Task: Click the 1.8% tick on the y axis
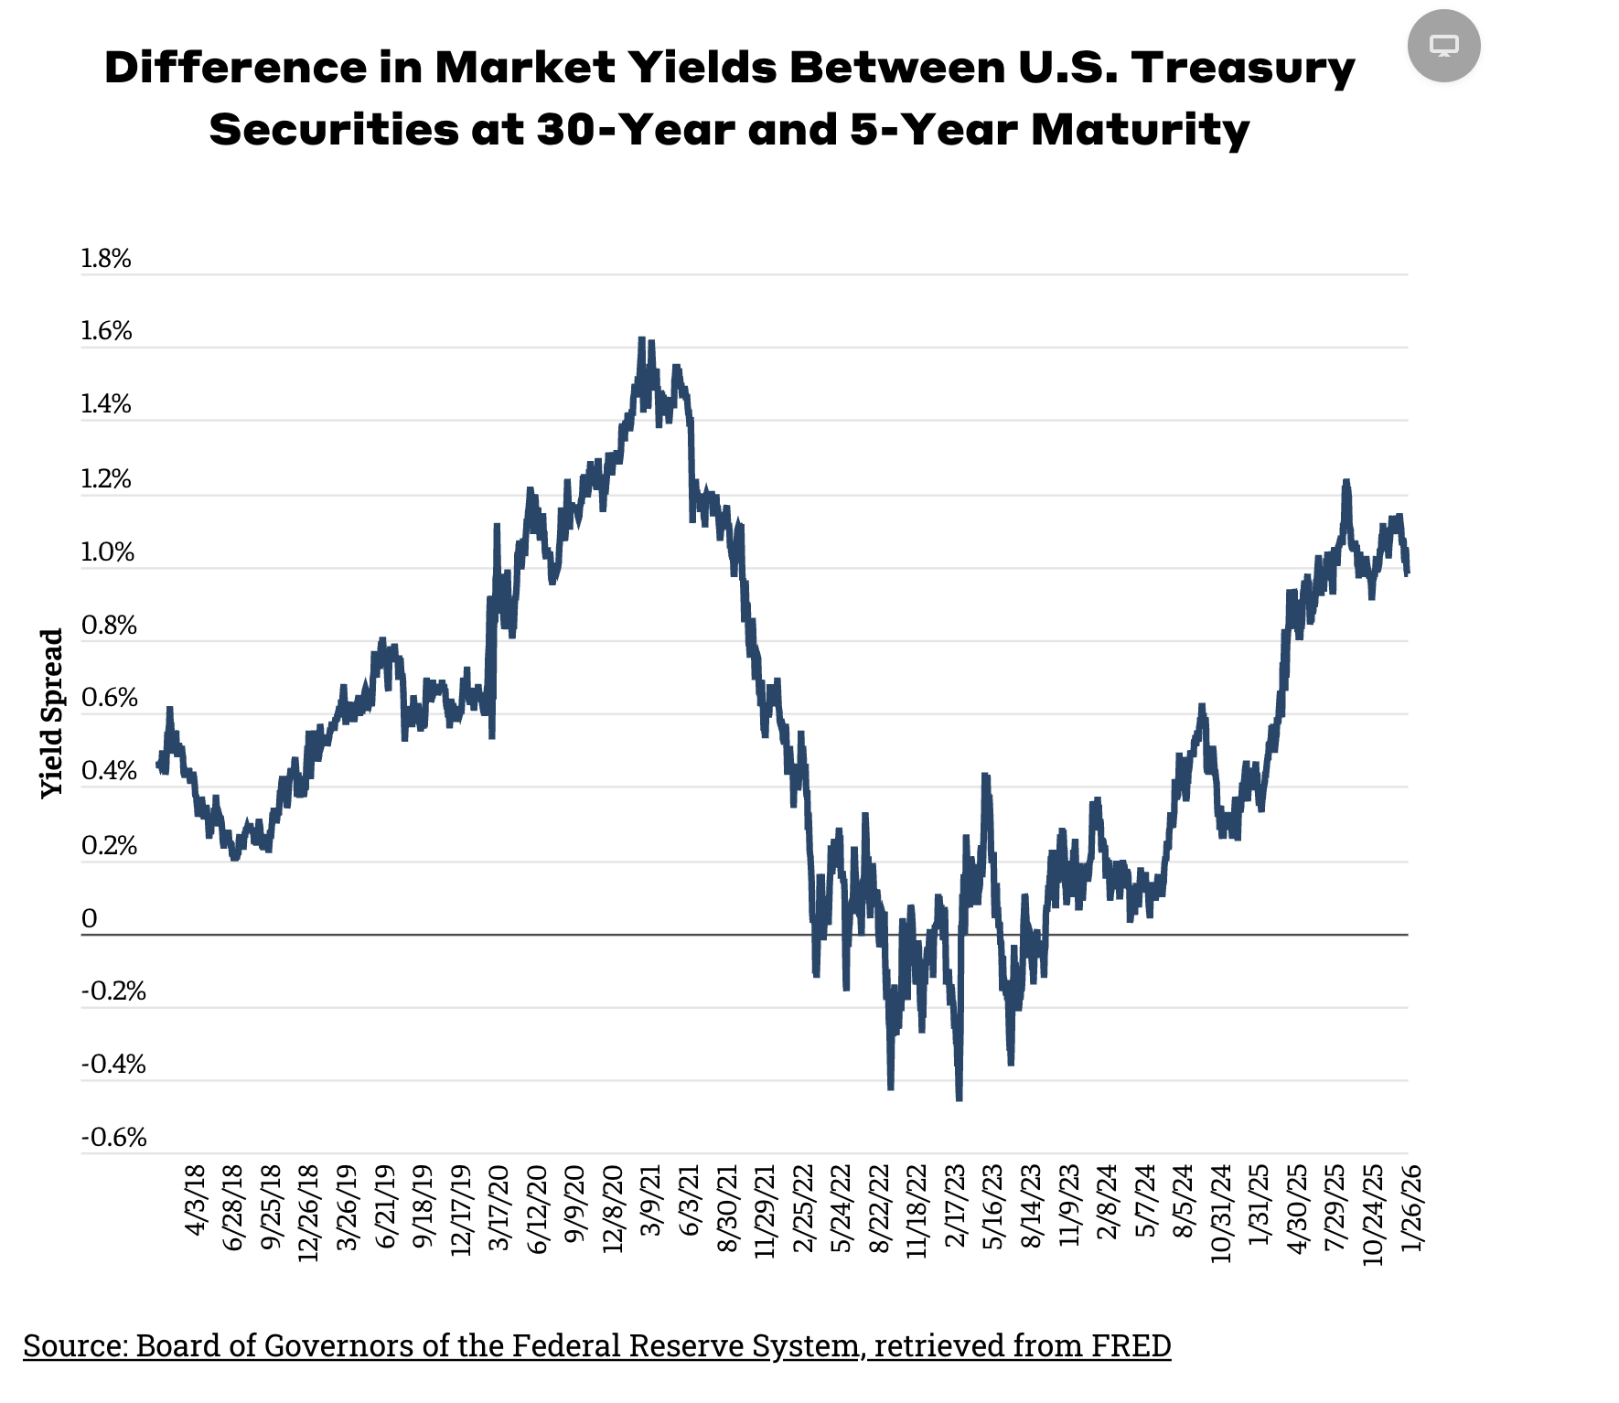coord(106,259)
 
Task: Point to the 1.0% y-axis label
coord(107,552)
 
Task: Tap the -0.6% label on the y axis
coord(113,1138)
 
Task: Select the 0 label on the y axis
coord(89,919)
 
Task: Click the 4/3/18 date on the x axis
coord(196,1201)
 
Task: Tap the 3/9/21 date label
coord(651,1201)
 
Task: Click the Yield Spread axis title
coord(52,713)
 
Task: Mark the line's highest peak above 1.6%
coord(641,339)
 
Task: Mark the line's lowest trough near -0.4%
coord(959,1098)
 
